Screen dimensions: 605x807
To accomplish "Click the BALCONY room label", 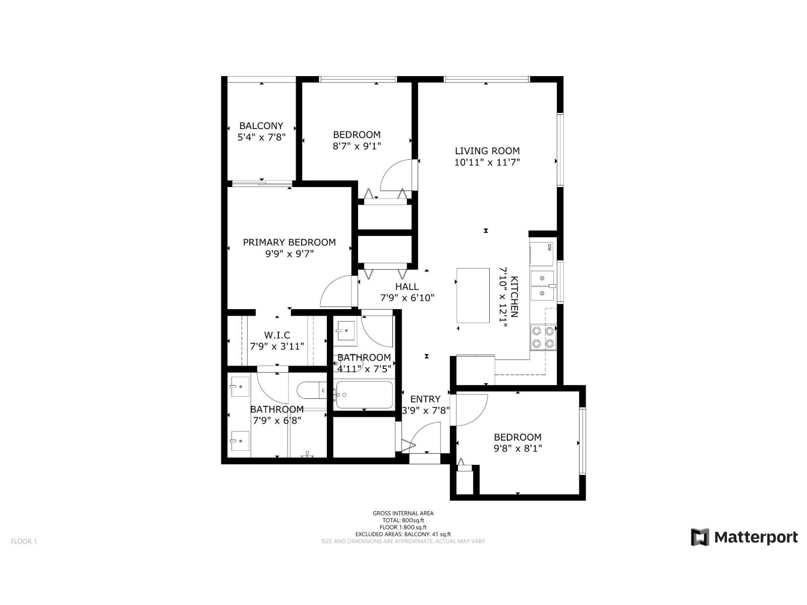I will pos(261,126).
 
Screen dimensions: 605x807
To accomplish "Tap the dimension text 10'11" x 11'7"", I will pos(487,162).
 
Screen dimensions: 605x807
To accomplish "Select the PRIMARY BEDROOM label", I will pos(289,242).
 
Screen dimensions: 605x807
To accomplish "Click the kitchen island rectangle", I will pos(473,295).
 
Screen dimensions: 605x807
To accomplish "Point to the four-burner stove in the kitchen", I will pos(543,338).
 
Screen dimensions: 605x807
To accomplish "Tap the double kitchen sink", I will pos(543,285).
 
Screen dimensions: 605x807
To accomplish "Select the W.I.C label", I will pos(277,335).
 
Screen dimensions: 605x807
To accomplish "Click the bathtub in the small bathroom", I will pos(364,395).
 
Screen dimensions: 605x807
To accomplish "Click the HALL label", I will pos(407,286).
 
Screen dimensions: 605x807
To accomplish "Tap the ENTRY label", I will pos(425,399).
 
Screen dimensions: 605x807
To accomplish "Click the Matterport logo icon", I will pos(700,537).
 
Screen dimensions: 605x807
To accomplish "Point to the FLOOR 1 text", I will pos(24,541).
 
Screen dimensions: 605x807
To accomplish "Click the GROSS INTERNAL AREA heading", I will pos(403,513).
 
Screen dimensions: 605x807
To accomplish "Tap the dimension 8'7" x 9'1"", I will pos(357,146).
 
